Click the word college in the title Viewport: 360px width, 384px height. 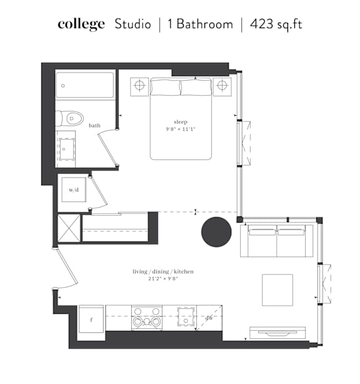[81, 24]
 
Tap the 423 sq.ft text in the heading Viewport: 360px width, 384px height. [276, 24]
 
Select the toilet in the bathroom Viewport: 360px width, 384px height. [69, 119]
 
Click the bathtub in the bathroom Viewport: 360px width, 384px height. [85, 85]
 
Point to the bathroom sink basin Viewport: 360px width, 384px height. [67, 149]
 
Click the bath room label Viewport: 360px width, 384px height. [94, 125]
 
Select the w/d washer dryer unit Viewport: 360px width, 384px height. [74, 189]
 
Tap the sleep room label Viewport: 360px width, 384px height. [181, 122]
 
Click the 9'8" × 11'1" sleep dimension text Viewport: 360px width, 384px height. [181, 129]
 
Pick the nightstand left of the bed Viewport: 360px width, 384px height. [139, 87]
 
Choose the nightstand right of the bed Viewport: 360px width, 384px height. [222, 87]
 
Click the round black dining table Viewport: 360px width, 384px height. [216, 232]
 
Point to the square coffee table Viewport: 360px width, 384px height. [277, 290]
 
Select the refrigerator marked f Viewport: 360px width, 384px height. [91, 319]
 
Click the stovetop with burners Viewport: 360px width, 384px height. [147, 318]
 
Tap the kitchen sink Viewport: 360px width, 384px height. [186, 316]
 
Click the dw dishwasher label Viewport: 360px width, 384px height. [209, 318]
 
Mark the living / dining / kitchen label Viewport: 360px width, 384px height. [163, 271]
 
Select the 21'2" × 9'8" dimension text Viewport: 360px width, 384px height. [163, 278]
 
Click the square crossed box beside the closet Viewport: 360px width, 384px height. [69, 228]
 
